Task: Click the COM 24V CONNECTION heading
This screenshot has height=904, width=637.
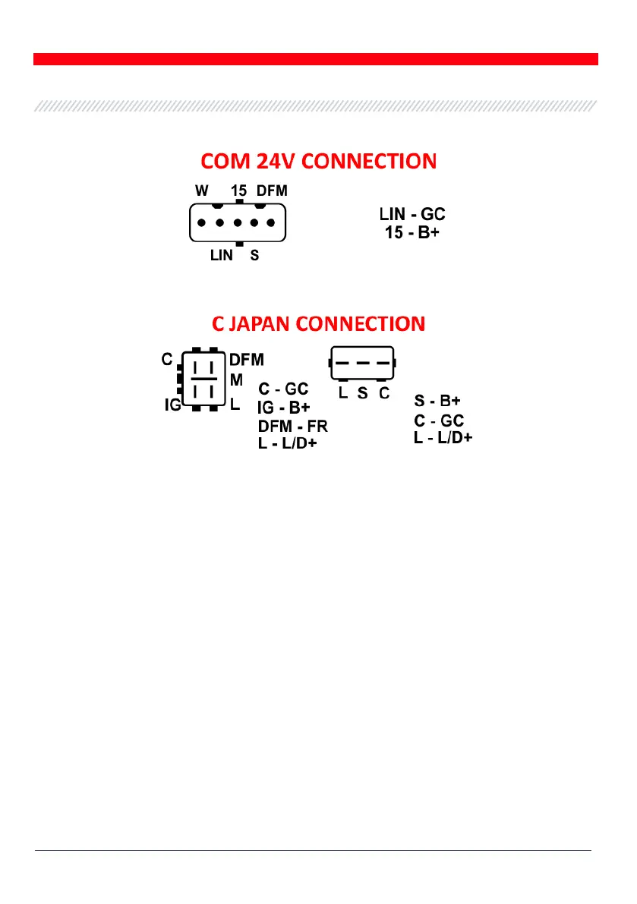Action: (x=318, y=162)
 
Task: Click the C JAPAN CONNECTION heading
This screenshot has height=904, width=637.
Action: (x=318, y=324)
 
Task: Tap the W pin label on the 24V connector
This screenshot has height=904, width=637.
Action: (x=202, y=191)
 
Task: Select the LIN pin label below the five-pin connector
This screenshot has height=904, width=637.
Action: (x=222, y=257)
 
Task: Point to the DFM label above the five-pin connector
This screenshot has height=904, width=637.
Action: (x=272, y=191)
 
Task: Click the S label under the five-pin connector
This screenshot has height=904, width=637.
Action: (x=254, y=257)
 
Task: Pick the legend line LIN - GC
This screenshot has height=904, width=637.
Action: (x=412, y=215)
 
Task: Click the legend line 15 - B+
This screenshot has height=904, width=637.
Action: (x=412, y=232)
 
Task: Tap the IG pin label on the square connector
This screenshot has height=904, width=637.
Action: (x=172, y=405)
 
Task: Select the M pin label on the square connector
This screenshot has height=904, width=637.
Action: (x=236, y=378)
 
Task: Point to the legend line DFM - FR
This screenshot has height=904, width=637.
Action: (x=292, y=425)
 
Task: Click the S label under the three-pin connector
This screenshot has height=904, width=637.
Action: (x=363, y=394)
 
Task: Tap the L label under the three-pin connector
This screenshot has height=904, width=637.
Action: (x=343, y=394)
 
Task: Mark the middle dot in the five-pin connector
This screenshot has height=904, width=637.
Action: (x=238, y=224)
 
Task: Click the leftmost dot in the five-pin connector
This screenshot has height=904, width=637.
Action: (x=200, y=224)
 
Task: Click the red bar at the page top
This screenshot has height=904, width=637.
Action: (x=316, y=59)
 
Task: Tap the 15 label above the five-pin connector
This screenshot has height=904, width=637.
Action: (x=239, y=191)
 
